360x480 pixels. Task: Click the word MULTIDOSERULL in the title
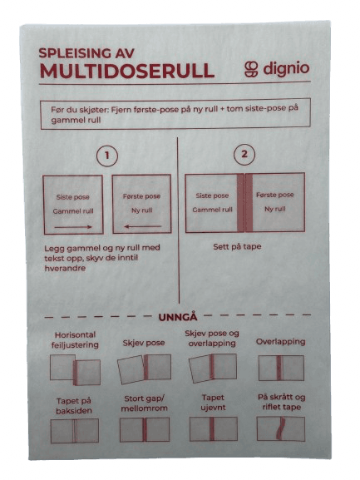127,71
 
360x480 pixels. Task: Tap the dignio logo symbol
252,69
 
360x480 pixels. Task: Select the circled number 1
106,156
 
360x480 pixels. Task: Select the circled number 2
244,154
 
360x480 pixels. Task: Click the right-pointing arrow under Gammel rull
73,227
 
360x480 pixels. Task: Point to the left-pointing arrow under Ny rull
142,226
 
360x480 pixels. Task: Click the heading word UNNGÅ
178,317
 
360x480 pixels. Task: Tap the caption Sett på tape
237,246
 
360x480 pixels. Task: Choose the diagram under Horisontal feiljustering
75,369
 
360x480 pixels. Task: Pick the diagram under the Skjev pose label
144,369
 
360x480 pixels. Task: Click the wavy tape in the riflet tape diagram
280,428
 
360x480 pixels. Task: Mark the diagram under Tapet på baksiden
75,431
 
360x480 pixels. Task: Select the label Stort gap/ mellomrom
144,403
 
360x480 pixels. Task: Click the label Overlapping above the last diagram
280,342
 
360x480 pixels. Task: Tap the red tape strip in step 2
244,203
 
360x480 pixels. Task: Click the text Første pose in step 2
274,195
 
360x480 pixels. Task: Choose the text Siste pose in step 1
73,197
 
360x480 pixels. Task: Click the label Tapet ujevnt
213,403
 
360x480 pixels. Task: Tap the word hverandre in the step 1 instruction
65,268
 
